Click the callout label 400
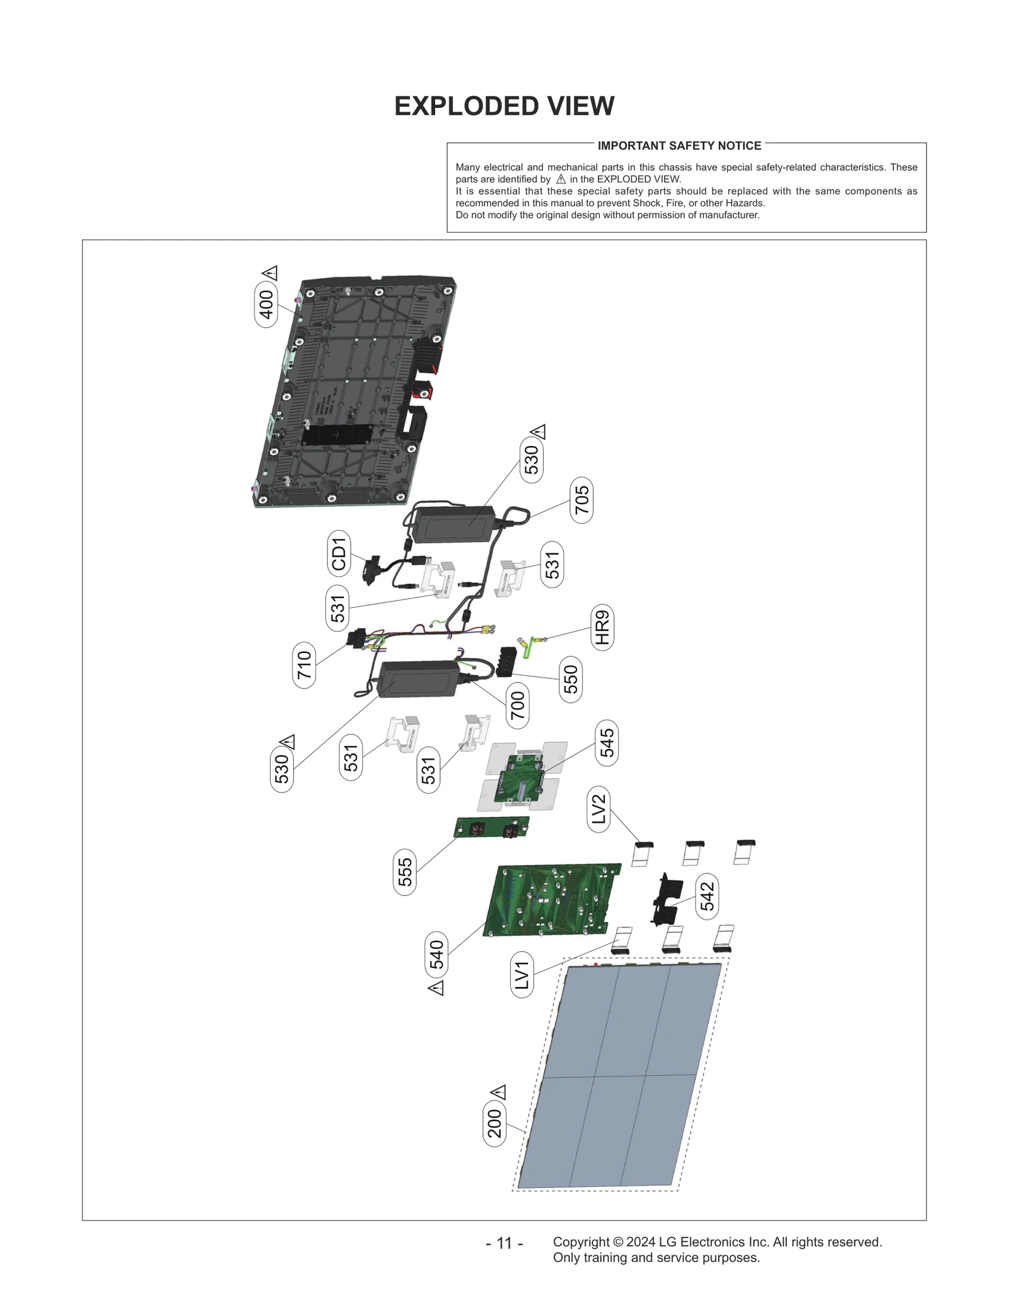click(x=266, y=304)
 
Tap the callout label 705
click(x=581, y=500)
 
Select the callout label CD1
click(x=339, y=553)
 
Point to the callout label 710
click(x=305, y=665)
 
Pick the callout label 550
click(x=571, y=679)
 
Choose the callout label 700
click(x=517, y=705)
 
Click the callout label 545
click(x=607, y=743)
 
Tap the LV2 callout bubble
click(x=598, y=809)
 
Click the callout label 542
click(x=708, y=896)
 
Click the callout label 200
click(x=495, y=1123)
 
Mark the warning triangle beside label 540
click(x=436, y=988)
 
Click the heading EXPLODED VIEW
click(x=504, y=106)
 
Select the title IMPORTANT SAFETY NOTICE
click(x=679, y=146)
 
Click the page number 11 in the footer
click(x=504, y=1243)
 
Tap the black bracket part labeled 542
click(x=667, y=899)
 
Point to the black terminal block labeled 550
click(x=511, y=661)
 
